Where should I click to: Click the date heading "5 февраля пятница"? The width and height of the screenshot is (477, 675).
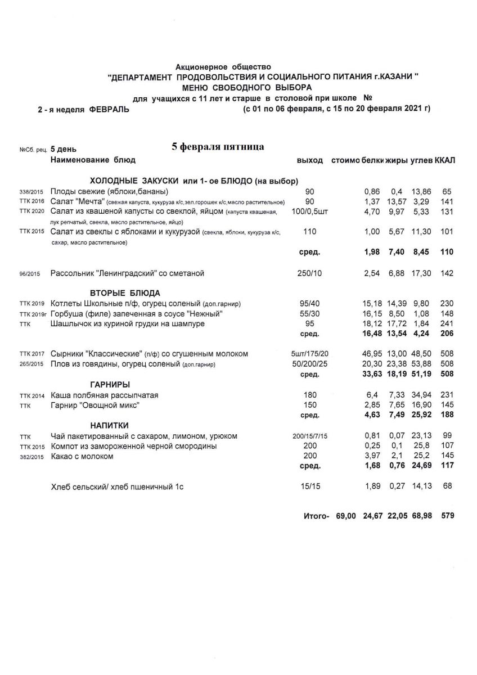(x=218, y=147)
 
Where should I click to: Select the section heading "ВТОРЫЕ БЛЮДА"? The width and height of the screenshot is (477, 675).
(x=125, y=293)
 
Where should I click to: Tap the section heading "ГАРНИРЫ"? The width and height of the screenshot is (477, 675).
(x=110, y=385)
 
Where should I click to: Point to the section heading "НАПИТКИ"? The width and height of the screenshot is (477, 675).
(x=110, y=425)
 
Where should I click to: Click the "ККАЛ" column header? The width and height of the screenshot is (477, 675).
(x=445, y=160)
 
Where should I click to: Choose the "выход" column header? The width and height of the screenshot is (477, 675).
(x=309, y=160)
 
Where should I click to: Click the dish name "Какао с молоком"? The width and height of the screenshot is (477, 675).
(x=82, y=456)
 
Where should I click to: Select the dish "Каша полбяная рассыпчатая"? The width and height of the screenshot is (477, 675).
(x=104, y=395)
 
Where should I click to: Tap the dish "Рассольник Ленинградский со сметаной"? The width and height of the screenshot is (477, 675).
(x=127, y=273)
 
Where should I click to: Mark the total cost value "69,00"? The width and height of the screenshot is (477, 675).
(x=346, y=515)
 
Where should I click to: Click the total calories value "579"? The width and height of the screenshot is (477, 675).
(x=448, y=515)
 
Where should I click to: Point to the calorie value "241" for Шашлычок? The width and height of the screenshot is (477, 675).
(x=447, y=324)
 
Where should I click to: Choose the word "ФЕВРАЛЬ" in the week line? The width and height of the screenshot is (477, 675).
(x=109, y=110)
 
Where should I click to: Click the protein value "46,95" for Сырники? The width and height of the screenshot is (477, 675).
(x=373, y=354)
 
